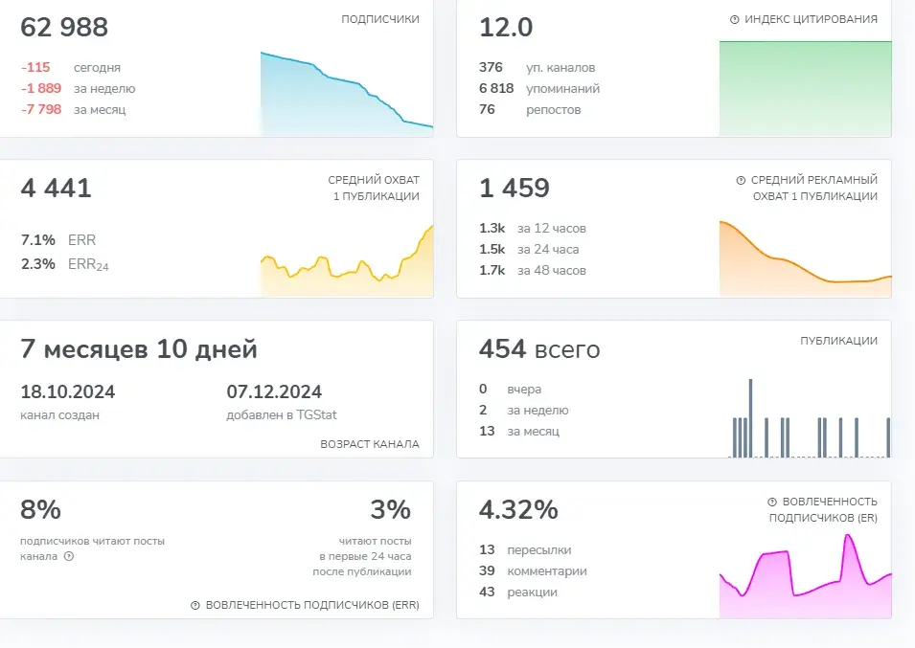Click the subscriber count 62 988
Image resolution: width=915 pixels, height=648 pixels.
[64, 28]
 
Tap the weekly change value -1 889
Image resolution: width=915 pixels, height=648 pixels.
[41, 89]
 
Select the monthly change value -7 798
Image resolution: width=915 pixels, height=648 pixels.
[41, 109]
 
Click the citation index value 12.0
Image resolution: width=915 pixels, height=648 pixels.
[506, 28]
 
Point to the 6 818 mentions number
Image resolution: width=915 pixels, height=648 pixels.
[496, 89]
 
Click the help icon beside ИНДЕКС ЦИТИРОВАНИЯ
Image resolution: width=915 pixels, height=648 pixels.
[735, 19]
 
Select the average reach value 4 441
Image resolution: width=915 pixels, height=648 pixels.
[56, 189]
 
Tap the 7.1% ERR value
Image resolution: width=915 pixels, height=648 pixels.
[38, 240]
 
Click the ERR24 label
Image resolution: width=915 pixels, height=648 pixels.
[88, 264]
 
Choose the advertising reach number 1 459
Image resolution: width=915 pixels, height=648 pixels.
[515, 189]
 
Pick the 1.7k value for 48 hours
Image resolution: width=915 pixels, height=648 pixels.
[492, 270]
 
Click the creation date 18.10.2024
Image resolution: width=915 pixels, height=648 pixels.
[68, 391]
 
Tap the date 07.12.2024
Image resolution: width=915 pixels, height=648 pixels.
[274, 391]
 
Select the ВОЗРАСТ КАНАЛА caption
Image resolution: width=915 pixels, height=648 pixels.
[370, 444]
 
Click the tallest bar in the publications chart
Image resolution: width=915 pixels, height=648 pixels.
[750, 418]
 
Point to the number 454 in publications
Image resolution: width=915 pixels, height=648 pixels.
[502, 349]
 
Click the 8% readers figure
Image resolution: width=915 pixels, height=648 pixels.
[41, 510]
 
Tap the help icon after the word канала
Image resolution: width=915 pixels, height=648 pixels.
[69, 556]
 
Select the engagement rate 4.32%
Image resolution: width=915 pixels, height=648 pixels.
[518, 510]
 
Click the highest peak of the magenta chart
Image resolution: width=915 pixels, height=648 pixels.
[849, 535]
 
